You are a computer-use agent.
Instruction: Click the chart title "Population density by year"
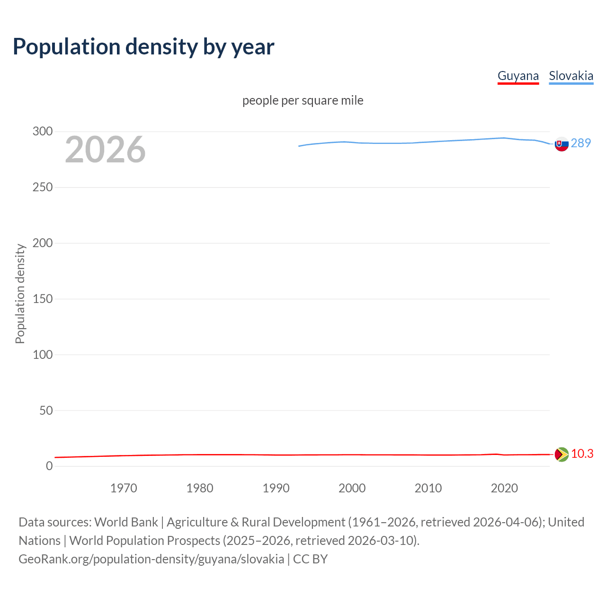tap(143, 47)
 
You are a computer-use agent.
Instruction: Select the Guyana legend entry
tap(518, 76)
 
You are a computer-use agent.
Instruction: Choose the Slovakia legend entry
tap(570, 76)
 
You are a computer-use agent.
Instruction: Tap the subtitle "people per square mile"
tap(303, 101)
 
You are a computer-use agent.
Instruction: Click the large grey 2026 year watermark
tap(105, 150)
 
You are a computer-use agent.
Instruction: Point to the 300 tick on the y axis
tap(43, 132)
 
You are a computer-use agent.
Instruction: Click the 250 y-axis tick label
tap(43, 187)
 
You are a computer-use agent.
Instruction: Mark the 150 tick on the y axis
tap(43, 299)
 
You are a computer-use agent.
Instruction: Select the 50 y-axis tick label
tap(46, 410)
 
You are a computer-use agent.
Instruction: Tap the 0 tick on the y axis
tap(49, 466)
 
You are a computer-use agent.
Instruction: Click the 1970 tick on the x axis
tap(124, 488)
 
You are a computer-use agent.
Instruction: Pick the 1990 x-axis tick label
tap(276, 488)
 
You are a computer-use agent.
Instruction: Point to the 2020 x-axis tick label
tap(504, 488)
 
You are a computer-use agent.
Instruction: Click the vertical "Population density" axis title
tap(20, 294)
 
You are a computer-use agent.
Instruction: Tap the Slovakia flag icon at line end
tap(561, 144)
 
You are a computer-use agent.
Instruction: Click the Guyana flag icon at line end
tap(561, 454)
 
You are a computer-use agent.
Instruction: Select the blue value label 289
tap(581, 143)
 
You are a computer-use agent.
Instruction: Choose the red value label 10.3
tap(582, 454)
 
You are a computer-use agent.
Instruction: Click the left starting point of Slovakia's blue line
tap(299, 146)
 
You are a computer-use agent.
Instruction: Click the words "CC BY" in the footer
tap(310, 559)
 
